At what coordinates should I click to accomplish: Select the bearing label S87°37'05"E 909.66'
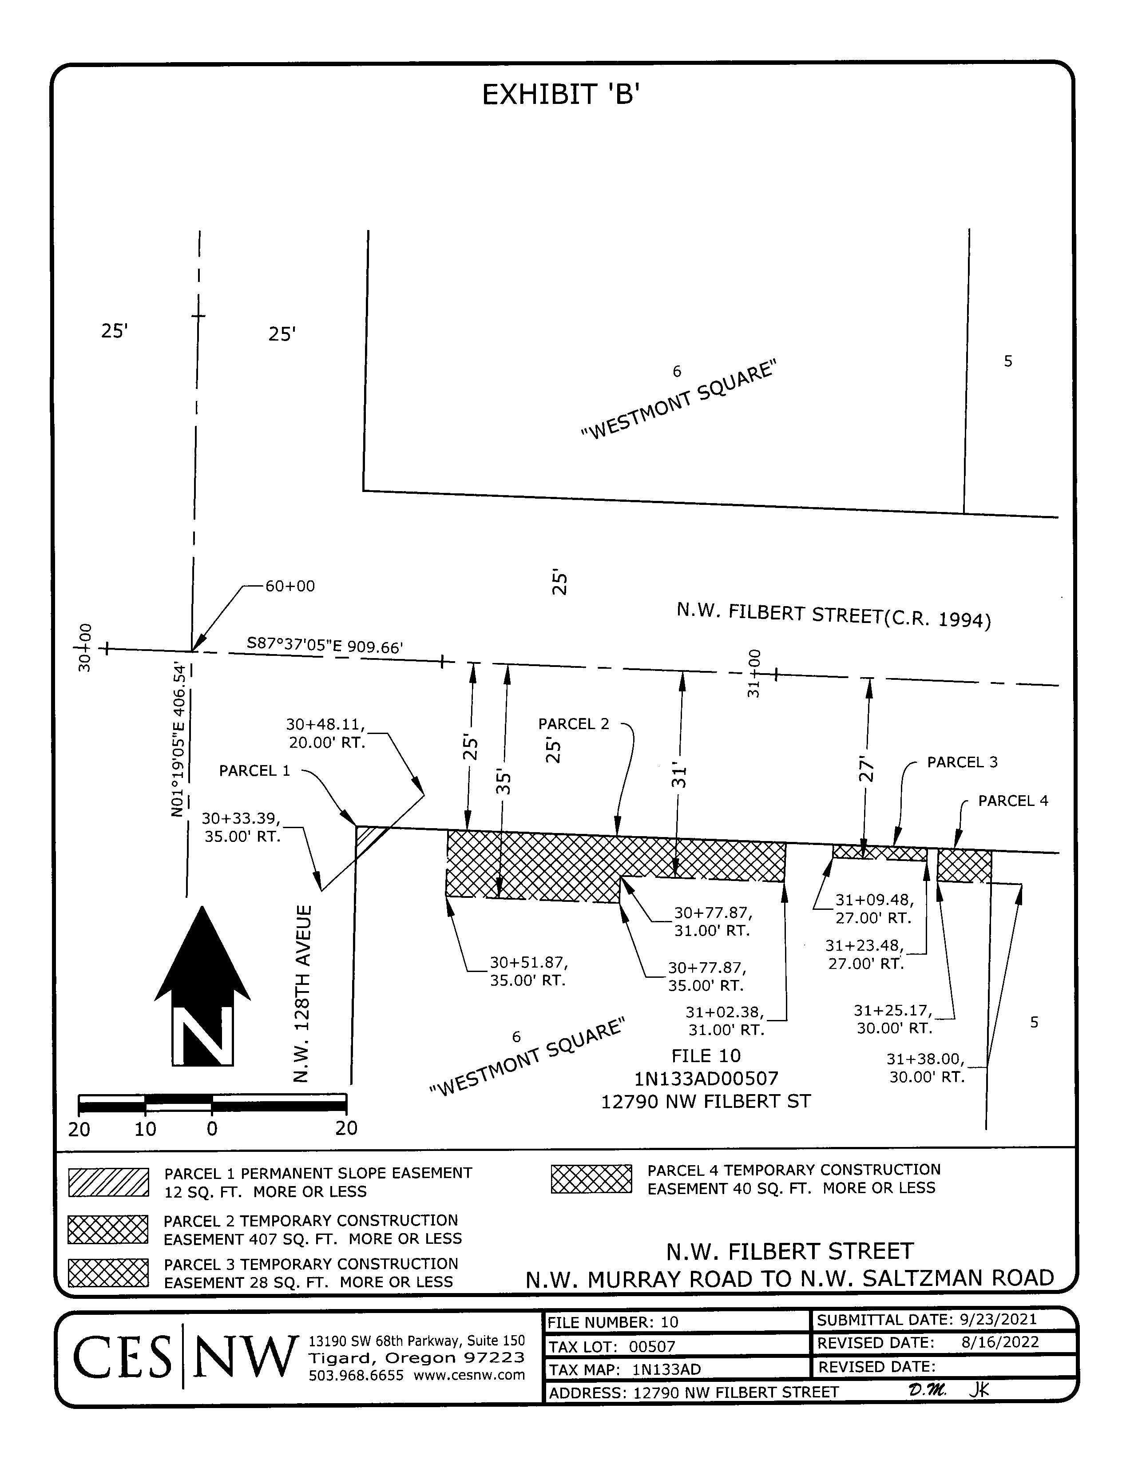[x=325, y=645]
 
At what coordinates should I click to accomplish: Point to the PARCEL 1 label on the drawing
[x=255, y=770]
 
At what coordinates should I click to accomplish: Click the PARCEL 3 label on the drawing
[x=962, y=762]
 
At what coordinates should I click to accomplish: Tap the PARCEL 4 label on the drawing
[x=1013, y=801]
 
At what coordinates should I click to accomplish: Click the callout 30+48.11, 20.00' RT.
[x=326, y=733]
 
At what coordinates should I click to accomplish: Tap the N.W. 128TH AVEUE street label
[x=303, y=994]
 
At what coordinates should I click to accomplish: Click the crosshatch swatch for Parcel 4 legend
[x=591, y=1179]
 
